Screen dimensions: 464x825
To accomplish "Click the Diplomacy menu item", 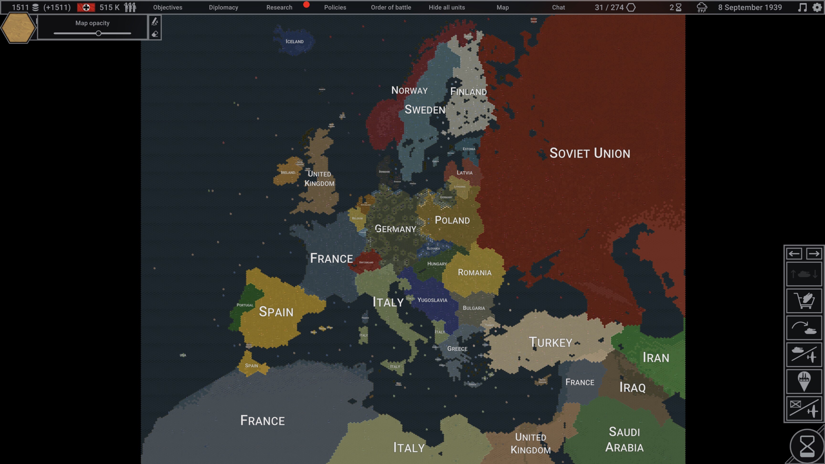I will [x=223, y=7].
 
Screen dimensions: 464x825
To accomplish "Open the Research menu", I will [x=279, y=7].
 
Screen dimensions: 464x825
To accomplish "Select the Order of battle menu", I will [x=391, y=7].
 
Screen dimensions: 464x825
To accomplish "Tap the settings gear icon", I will [x=817, y=7].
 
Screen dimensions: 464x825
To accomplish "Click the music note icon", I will [x=802, y=7].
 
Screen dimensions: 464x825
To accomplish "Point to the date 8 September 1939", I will [x=750, y=7].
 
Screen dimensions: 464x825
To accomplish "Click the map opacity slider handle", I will [x=99, y=33].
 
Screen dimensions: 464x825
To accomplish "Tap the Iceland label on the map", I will [x=294, y=42].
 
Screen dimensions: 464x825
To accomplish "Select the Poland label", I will [x=452, y=220].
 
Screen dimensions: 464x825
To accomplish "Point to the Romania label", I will [x=474, y=273].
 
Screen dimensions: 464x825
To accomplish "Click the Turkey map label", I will [x=550, y=342].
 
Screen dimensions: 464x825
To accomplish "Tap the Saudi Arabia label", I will [x=624, y=439].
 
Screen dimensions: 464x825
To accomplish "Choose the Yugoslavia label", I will [x=432, y=300].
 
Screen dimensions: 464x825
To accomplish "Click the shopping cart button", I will [x=804, y=301].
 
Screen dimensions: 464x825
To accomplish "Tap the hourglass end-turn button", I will [x=807, y=446].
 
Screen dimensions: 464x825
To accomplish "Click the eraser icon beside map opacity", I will [x=155, y=34].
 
